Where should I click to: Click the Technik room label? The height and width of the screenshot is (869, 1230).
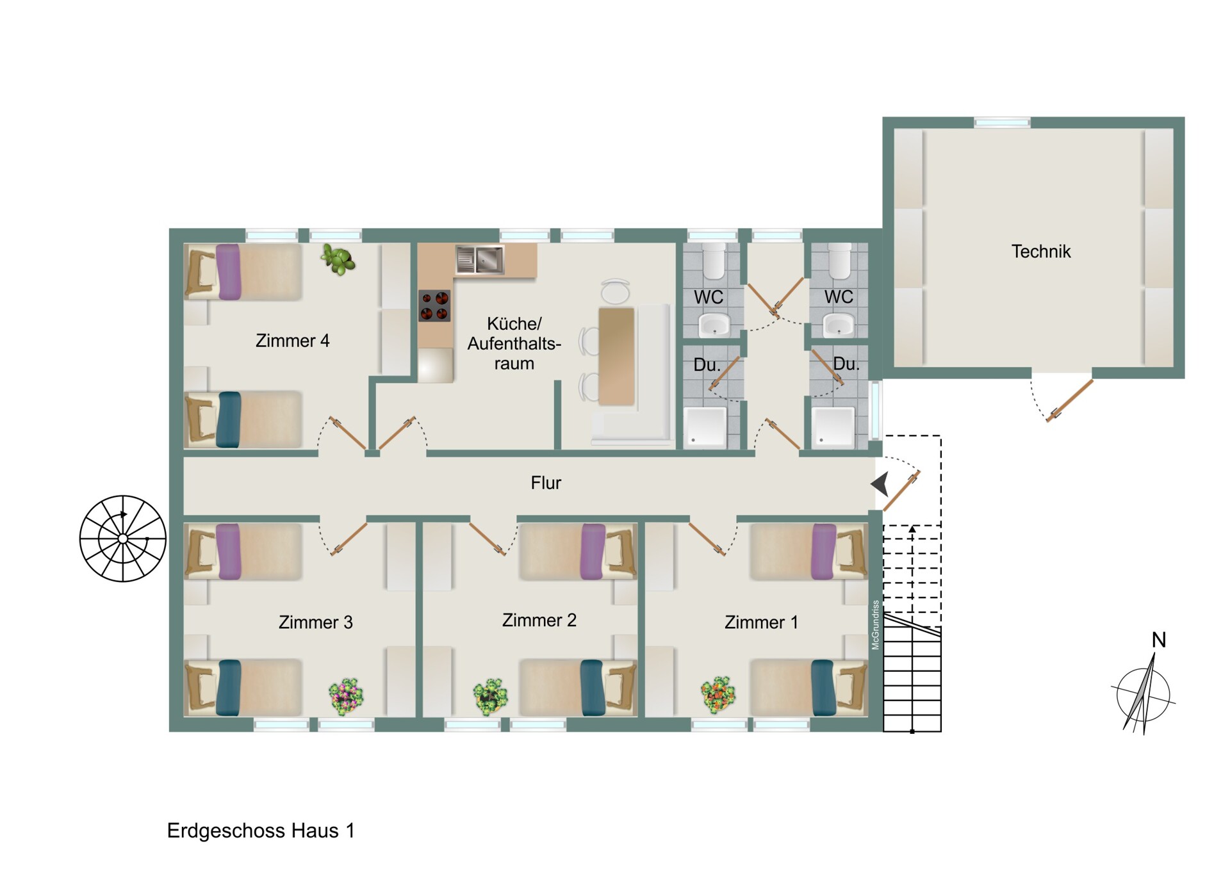[x=1040, y=252]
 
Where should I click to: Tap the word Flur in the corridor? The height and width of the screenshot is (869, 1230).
[x=546, y=483]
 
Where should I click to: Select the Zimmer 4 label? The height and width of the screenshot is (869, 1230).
[x=292, y=341]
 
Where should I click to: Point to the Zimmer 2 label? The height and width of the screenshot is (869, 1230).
[x=539, y=620]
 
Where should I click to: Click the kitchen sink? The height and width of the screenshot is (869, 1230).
[x=480, y=259]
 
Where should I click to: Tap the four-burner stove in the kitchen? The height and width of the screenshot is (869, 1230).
[x=434, y=305]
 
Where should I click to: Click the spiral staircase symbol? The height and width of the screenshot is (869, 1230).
[x=123, y=539]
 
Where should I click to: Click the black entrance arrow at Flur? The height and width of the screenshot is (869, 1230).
[x=880, y=485]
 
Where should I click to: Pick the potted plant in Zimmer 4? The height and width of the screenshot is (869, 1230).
[x=338, y=259]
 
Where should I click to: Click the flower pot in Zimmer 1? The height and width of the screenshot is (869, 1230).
[x=717, y=695]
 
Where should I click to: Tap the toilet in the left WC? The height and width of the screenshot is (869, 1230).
[x=714, y=261]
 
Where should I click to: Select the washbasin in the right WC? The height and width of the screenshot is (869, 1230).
[x=839, y=325]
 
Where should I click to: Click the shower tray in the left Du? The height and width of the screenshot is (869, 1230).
[x=705, y=426]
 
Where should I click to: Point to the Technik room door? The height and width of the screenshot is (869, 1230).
[x=1069, y=402]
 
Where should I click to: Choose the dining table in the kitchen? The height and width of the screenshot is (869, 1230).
[x=616, y=356]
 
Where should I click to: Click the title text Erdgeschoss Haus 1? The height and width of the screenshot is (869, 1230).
[x=261, y=831]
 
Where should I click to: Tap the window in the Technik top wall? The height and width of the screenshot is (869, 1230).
[x=1002, y=122]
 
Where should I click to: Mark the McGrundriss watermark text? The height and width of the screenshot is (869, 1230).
[x=876, y=625]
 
